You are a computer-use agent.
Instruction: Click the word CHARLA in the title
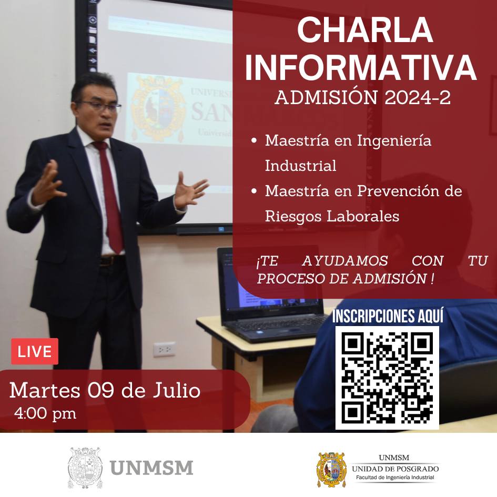[365, 30]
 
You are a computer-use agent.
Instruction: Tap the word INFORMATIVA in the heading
[361, 68]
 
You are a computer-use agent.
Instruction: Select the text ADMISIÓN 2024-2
[362, 97]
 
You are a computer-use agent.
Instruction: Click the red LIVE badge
[35, 351]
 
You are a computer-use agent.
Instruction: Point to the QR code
[387, 378]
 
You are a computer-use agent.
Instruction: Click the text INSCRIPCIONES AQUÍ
[388, 316]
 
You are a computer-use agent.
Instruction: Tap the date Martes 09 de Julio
[105, 390]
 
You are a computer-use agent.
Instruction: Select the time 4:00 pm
[45, 413]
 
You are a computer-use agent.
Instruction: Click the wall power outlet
[164, 349]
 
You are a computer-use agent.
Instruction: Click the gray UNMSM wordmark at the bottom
[151, 468]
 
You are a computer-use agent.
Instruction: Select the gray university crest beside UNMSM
[85, 468]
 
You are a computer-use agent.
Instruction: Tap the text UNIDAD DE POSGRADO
[395, 469]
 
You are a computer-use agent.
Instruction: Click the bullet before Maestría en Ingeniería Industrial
[253, 140]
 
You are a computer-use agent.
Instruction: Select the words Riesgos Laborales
[332, 216]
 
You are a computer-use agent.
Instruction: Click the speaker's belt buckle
[108, 261]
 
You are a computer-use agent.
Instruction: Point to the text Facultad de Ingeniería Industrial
[395, 478]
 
